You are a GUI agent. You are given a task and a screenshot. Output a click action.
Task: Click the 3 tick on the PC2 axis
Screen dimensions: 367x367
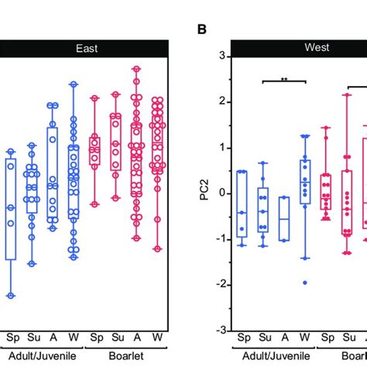coord(221,57)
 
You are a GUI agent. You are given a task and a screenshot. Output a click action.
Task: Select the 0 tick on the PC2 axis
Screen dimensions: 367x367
coord(221,193)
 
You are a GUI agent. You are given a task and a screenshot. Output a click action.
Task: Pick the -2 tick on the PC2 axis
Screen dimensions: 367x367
coord(218,284)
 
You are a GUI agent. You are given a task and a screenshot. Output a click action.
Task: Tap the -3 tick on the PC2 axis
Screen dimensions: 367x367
coord(218,330)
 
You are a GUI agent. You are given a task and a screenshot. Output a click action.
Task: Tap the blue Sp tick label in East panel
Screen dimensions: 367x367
coord(12,338)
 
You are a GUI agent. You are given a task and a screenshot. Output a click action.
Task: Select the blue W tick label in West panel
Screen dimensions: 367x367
coord(305,338)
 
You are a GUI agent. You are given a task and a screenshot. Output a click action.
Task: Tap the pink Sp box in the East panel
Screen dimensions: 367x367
coord(95,150)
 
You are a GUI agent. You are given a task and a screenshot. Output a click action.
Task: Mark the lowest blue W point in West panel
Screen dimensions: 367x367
coord(305,283)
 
